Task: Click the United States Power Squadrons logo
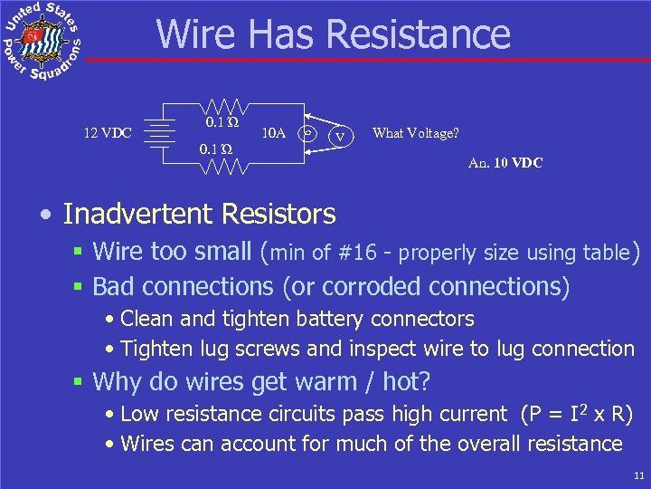click(41, 41)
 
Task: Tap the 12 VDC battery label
click(108, 133)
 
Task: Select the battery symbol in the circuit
click(161, 132)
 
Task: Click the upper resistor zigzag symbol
click(221, 106)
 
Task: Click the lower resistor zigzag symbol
click(221, 166)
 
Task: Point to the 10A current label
click(273, 133)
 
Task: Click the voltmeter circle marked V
click(340, 137)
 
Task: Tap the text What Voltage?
click(415, 133)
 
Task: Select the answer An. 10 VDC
click(505, 164)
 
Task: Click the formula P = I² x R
click(577, 414)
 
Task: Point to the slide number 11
click(639, 475)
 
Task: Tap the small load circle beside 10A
click(308, 132)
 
